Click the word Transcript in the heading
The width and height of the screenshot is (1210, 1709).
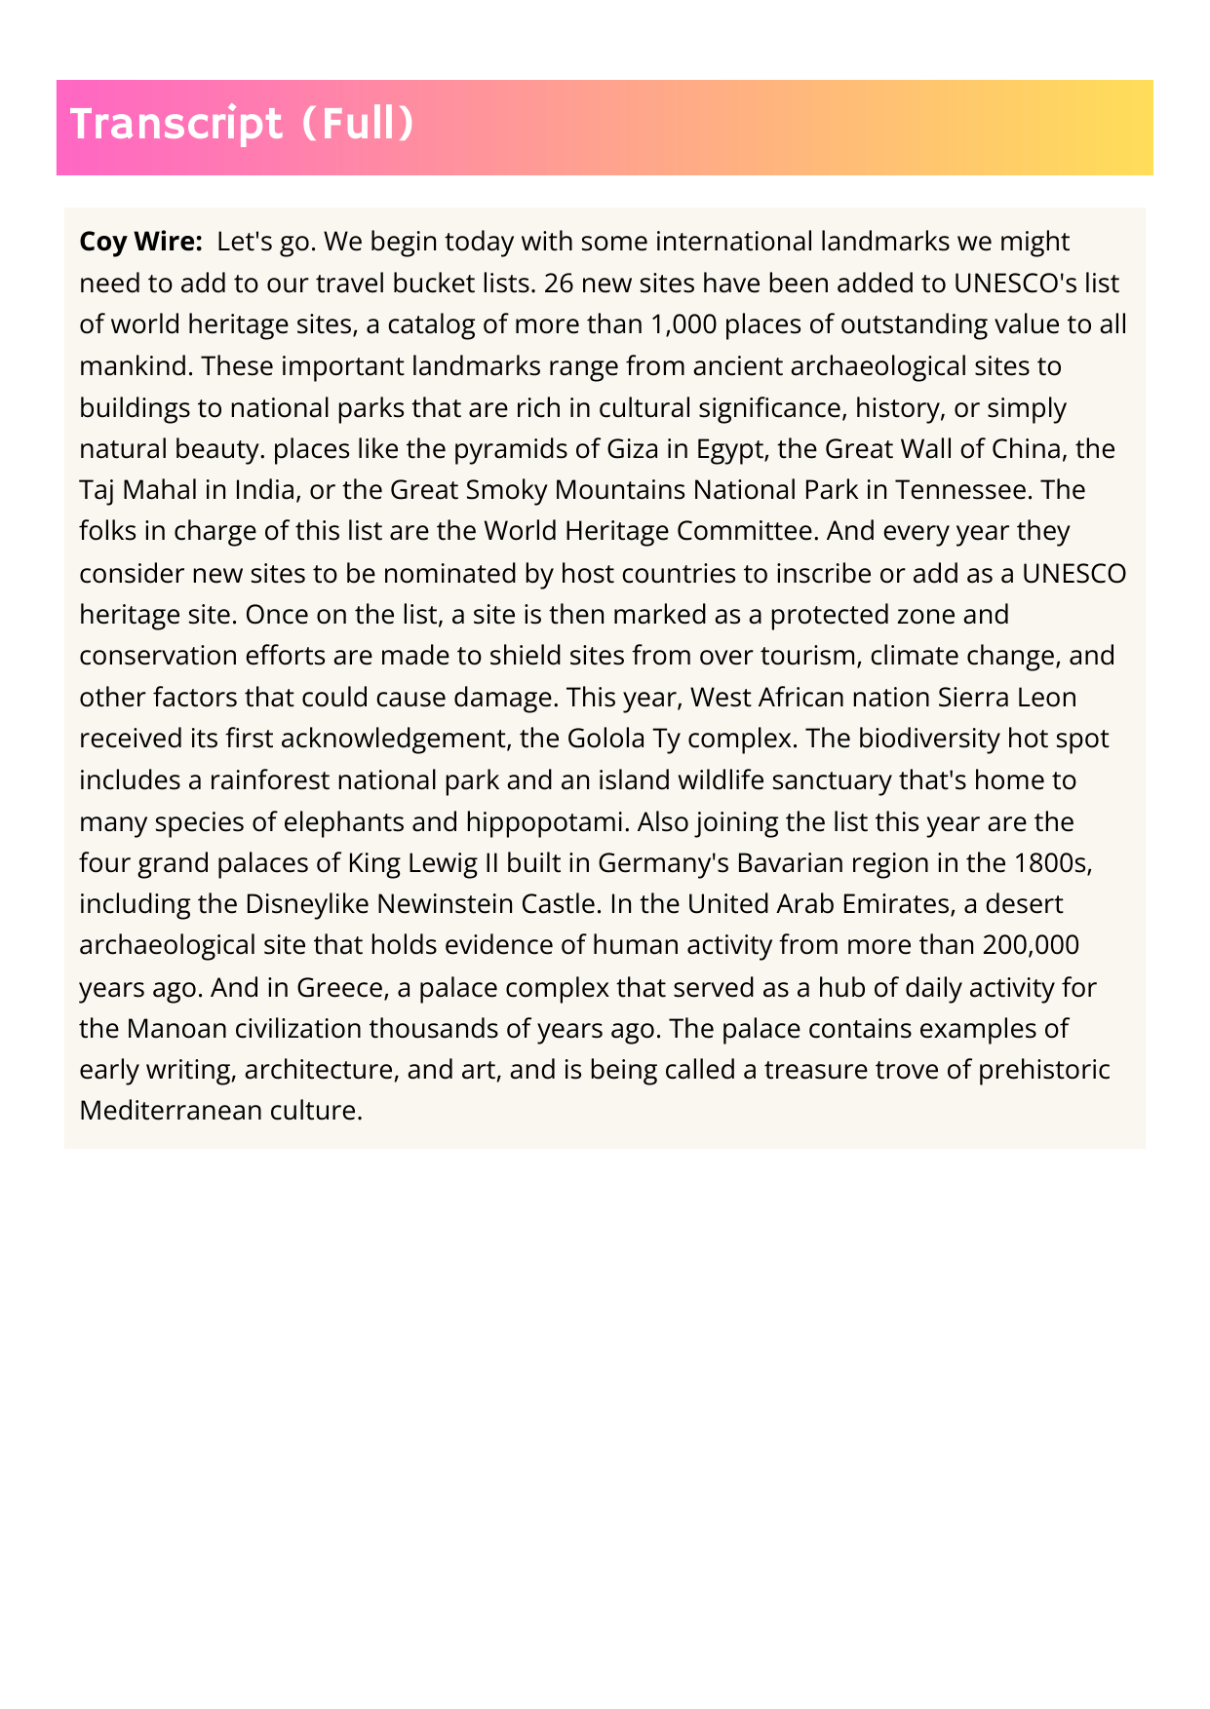click(x=176, y=125)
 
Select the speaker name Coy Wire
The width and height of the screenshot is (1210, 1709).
click(x=141, y=241)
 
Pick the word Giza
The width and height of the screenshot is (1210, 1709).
click(x=633, y=448)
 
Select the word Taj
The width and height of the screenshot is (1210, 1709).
click(x=97, y=489)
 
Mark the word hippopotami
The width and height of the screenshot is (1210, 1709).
click(x=551, y=821)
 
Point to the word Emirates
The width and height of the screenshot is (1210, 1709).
click(x=896, y=904)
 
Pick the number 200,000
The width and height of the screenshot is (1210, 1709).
click(x=1031, y=945)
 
